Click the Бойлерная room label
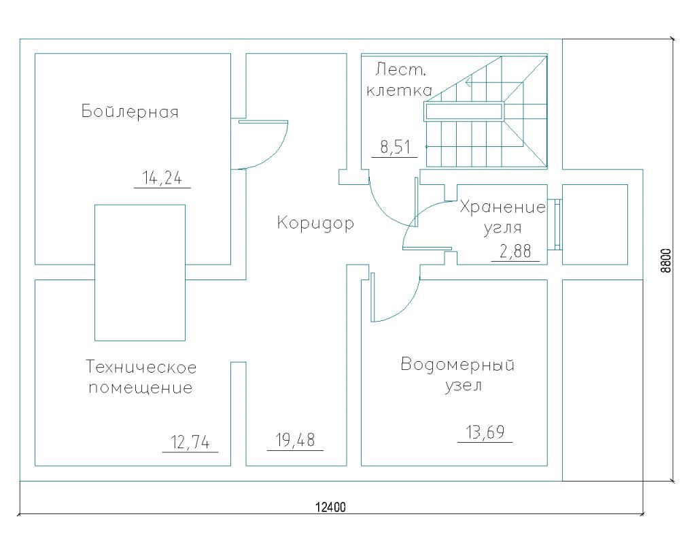[130, 111]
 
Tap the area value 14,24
[162, 178]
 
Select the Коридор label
[315, 222]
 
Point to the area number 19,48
[295, 440]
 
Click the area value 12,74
[190, 442]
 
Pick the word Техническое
[141, 367]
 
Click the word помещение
[141, 388]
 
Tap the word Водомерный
[457, 365]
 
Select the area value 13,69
[485, 432]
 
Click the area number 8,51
[395, 147]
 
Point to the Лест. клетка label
[399, 80]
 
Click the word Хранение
[503, 207]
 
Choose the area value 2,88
[515, 251]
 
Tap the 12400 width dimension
[331, 507]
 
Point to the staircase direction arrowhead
[468, 82]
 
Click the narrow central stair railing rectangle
[464, 112]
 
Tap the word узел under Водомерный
[463, 386]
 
